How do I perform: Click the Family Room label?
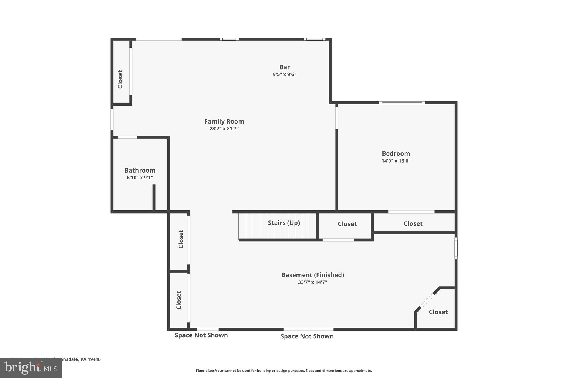(224, 121)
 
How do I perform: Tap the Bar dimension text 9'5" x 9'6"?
(284, 74)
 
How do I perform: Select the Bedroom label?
(396, 153)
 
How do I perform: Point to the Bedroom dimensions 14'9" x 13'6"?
(396, 161)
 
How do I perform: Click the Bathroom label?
(140, 170)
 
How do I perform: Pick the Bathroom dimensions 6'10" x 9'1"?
(140, 178)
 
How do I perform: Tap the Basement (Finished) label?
(313, 275)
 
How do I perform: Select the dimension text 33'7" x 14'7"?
(313, 282)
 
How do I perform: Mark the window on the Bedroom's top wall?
(402, 103)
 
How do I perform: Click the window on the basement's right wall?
(456, 248)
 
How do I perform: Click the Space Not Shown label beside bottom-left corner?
(201, 335)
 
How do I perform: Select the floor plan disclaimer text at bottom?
(284, 371)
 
